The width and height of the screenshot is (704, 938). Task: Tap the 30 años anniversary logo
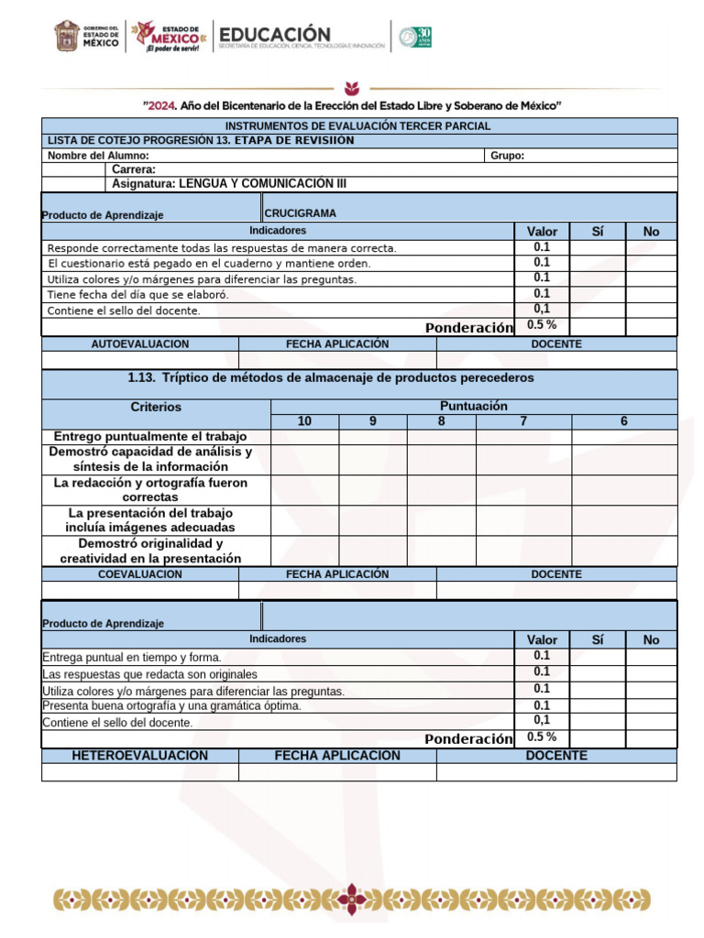[415, 37]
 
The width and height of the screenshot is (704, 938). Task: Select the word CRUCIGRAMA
[300, 213]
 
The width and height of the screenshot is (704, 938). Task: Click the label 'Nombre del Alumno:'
[98, 156]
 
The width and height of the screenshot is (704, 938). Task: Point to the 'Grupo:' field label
[507, 156]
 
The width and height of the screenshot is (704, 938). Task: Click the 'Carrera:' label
[134, 169]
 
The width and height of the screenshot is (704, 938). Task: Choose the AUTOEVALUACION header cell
[140, 344]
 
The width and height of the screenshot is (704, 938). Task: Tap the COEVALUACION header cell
[140, 574]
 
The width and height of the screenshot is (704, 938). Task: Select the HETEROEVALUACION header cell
[140, 756]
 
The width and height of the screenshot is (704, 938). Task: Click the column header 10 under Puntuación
[305, 421]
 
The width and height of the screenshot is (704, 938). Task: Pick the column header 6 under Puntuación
[624, 421]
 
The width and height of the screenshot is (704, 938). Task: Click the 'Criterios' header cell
[156, 407]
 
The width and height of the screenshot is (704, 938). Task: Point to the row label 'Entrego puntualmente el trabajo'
[150, 437]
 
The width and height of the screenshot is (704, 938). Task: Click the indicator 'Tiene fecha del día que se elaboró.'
[137, 295]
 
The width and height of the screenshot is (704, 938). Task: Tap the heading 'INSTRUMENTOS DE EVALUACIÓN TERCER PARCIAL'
[357, 125]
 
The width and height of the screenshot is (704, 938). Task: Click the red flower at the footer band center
[353, 898]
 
